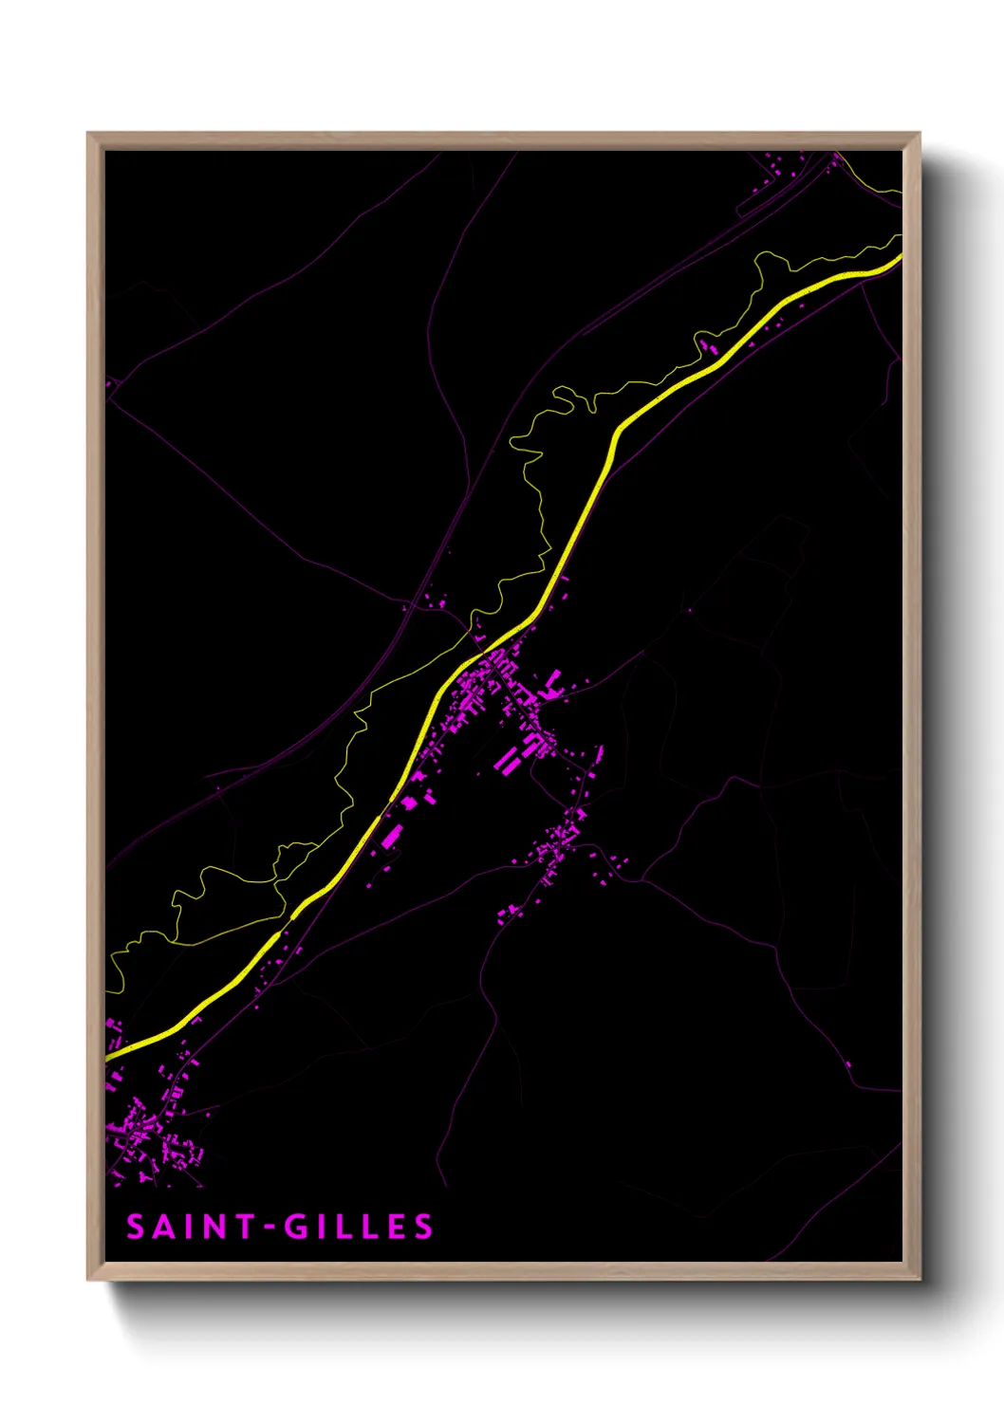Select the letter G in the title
[298, 1228]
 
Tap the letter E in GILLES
[399, 1228]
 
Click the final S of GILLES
[424, 1228]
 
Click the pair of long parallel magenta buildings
[508, 759]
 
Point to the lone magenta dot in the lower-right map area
[847, 1064]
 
